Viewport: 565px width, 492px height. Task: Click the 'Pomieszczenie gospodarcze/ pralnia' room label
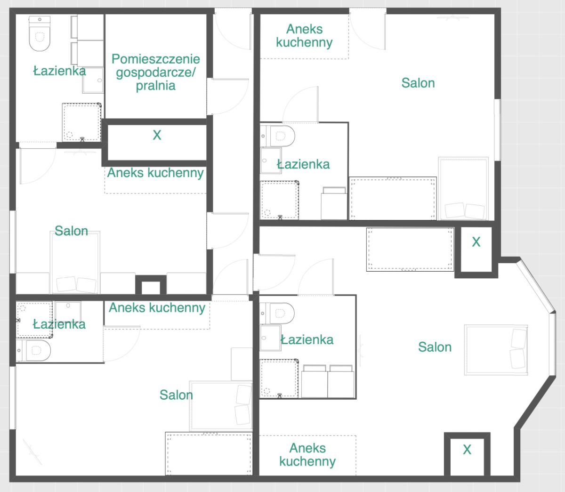tap(155, 73)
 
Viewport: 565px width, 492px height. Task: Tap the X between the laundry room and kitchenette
tap(157, 135)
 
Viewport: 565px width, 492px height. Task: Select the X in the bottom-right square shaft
tap(467, 450)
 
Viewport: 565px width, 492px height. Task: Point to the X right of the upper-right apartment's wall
tap(476, 242)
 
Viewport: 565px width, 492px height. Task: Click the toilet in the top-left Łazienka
tap(40, 34)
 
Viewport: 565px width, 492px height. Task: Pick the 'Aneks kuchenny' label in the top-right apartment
tap(304, 36)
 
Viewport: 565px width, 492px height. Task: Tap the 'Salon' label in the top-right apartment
tap(418, 83)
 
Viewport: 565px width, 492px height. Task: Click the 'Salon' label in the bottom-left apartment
tap(176, 395)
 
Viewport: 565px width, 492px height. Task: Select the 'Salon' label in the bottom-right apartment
tap(435, 347)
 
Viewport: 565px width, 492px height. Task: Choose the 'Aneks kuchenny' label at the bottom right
tap(307, 455)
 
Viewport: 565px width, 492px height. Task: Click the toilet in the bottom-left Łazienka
tap(33, 351)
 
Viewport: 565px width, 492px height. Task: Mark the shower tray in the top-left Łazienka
tap(81, 122)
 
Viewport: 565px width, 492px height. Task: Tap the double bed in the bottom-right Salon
tap(496, 350)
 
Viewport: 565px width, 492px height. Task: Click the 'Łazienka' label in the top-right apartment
tap(303, 165)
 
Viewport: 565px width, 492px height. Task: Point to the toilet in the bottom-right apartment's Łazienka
tap(277, 313)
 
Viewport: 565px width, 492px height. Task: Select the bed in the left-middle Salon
tap(75, 262)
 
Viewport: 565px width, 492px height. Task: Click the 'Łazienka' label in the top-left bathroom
tap(59, 71)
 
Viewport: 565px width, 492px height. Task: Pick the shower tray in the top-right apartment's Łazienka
tap(280, 200)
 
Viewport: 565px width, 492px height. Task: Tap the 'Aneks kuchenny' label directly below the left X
tap(155, 173)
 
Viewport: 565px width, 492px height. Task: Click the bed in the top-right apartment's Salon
tap(463, 189)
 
